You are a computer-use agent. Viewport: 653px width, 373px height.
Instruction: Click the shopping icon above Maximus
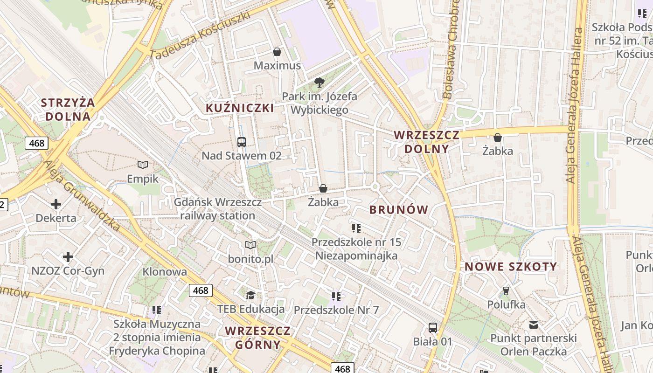point(277,52)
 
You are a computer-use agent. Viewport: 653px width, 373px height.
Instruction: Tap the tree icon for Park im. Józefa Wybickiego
point(320,83)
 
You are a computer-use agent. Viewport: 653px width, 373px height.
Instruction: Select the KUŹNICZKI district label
point(240,108)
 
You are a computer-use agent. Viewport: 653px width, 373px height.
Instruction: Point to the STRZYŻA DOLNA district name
point(68,110)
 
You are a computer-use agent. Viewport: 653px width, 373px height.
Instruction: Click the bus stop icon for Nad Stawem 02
point(241,142)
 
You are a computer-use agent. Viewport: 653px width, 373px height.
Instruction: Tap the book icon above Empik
point(143,165)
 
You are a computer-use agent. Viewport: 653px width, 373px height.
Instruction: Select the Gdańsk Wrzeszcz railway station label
point(217,209)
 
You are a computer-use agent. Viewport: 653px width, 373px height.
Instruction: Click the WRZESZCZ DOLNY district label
point(426,142)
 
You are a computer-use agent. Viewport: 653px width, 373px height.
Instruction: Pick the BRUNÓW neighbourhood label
point(399,210)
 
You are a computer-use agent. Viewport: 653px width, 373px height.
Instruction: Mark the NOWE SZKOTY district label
point(511,267)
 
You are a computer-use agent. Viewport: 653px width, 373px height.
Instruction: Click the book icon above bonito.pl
point(250,245)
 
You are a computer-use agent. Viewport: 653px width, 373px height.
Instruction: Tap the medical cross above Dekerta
point(56,204)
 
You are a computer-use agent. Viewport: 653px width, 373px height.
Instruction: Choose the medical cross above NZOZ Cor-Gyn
point(68,257)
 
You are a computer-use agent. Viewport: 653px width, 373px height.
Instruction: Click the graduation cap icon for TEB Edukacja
point(250,295)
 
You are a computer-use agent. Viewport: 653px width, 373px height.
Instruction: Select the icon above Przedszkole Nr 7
point(336,296)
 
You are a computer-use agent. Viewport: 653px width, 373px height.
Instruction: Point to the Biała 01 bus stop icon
point(433,328)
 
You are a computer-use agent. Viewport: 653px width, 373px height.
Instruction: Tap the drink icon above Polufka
point(506,291)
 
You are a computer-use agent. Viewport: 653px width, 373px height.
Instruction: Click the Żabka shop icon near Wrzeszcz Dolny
point(498,138)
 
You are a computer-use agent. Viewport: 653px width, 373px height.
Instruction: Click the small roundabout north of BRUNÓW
point(375,187)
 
